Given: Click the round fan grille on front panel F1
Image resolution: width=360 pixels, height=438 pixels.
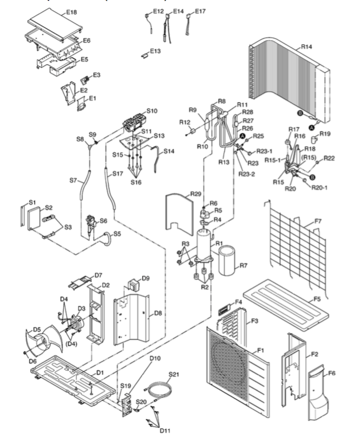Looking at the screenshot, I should (229, 359).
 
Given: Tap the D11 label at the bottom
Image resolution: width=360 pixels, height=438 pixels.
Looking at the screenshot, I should (165, 430).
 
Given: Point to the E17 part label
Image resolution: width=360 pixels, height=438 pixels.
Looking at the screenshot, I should (200, 11).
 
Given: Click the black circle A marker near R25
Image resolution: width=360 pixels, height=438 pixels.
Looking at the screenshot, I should (243, 136).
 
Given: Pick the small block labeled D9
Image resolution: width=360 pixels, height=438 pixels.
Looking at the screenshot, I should (134, 284).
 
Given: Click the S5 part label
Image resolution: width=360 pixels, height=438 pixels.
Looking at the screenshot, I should (117, 234).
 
